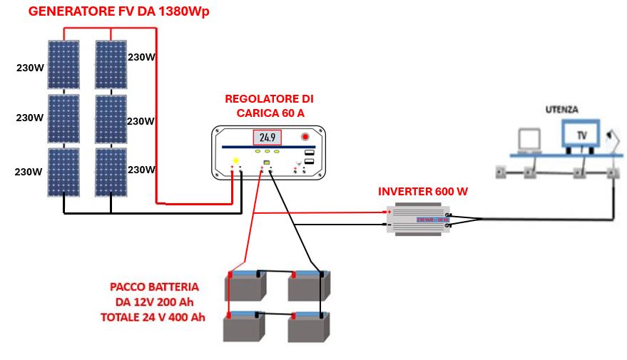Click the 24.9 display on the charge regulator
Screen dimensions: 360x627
tap(267, 138)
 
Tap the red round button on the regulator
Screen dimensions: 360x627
tap(305, 136)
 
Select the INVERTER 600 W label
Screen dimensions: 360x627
tap(422, 192)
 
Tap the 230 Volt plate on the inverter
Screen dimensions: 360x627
tap(432, 220)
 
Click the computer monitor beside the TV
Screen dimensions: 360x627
tap(529, 140)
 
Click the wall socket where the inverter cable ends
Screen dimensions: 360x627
tap(612, 172)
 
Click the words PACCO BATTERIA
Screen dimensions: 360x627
tap(154, 287)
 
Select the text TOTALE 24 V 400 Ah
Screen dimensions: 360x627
tap(153, 317)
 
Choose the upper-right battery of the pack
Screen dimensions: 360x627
tap(308, 286)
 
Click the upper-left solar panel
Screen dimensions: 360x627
tap(64, 65)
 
